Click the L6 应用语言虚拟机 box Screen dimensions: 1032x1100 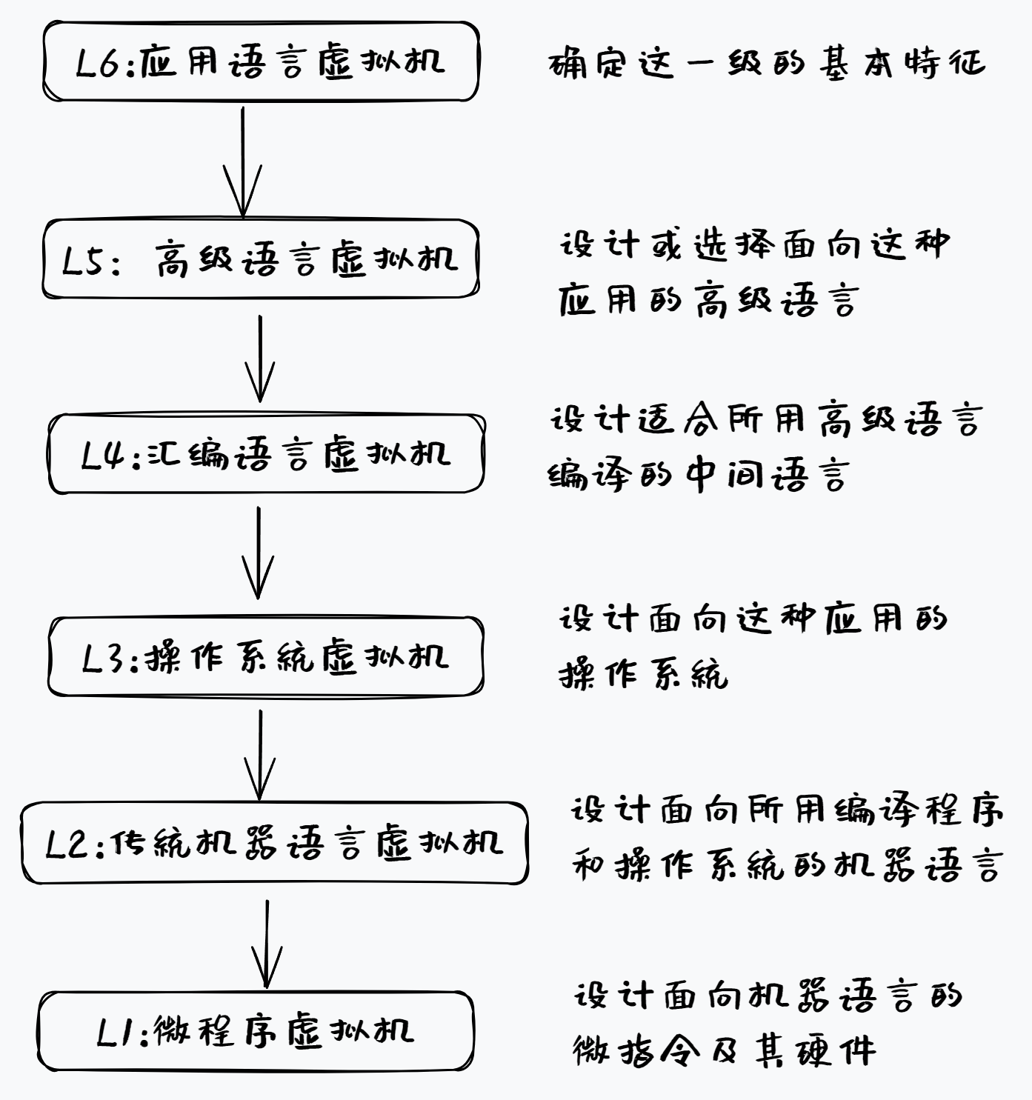[261, 61]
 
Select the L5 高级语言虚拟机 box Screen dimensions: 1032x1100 [261, 259]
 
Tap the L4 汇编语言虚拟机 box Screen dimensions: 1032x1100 [266, 453]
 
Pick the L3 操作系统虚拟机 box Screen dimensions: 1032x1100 [265, 656]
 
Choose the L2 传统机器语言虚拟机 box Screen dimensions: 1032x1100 [274, 842]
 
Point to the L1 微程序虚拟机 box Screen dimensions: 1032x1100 [256, 1031]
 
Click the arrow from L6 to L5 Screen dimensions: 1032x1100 [242, 161]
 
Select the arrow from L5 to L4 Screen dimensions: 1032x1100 [260, 359]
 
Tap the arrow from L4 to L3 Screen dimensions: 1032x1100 [259, 553]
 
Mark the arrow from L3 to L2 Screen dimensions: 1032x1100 [260, 755]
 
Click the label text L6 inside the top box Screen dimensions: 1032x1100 [98, 62]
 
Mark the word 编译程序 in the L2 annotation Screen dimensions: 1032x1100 [919, 811]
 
